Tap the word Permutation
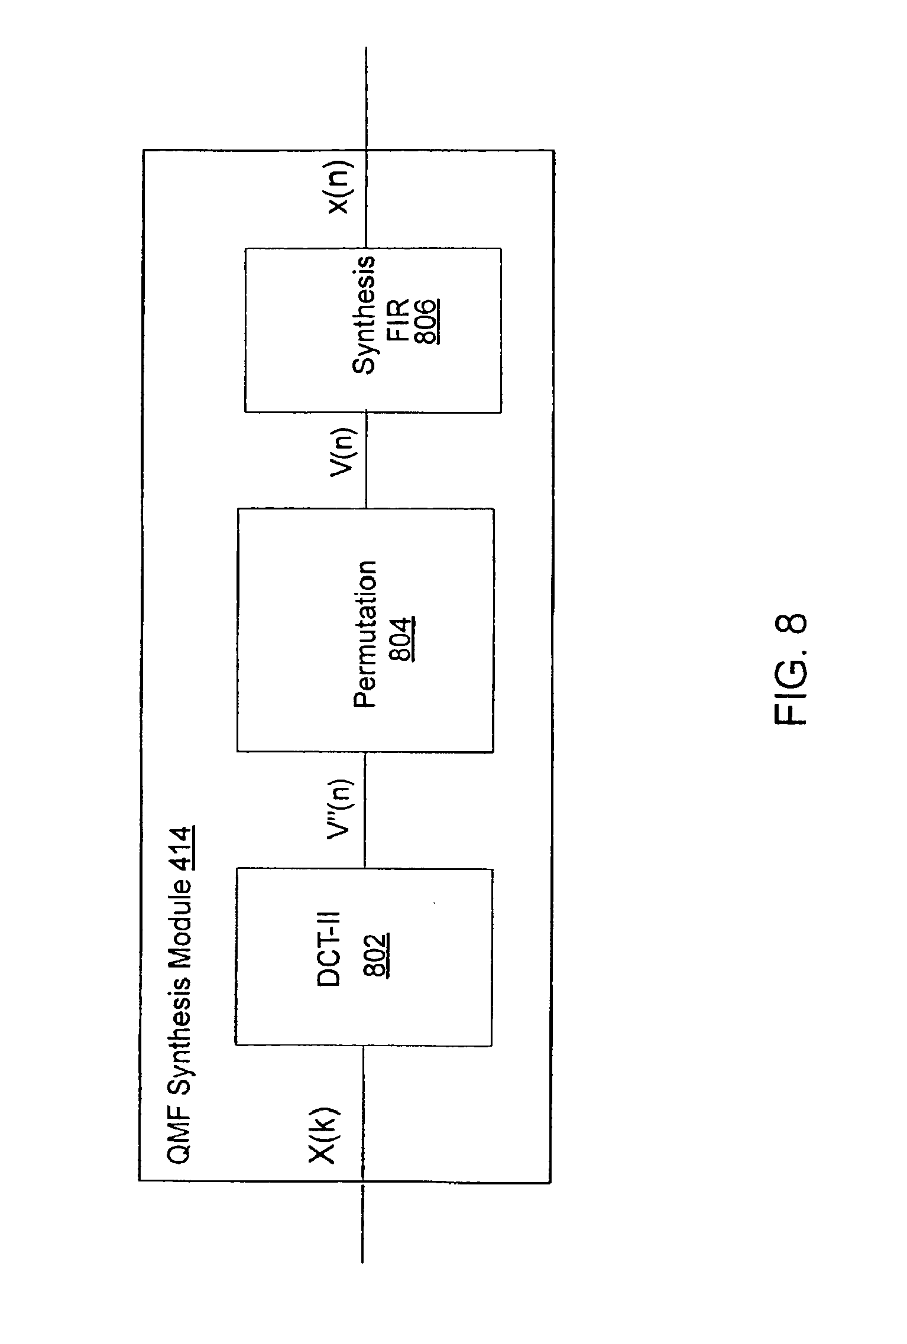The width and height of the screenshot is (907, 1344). click(365, 634)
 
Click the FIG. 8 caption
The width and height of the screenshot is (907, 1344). click(789, 670)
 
